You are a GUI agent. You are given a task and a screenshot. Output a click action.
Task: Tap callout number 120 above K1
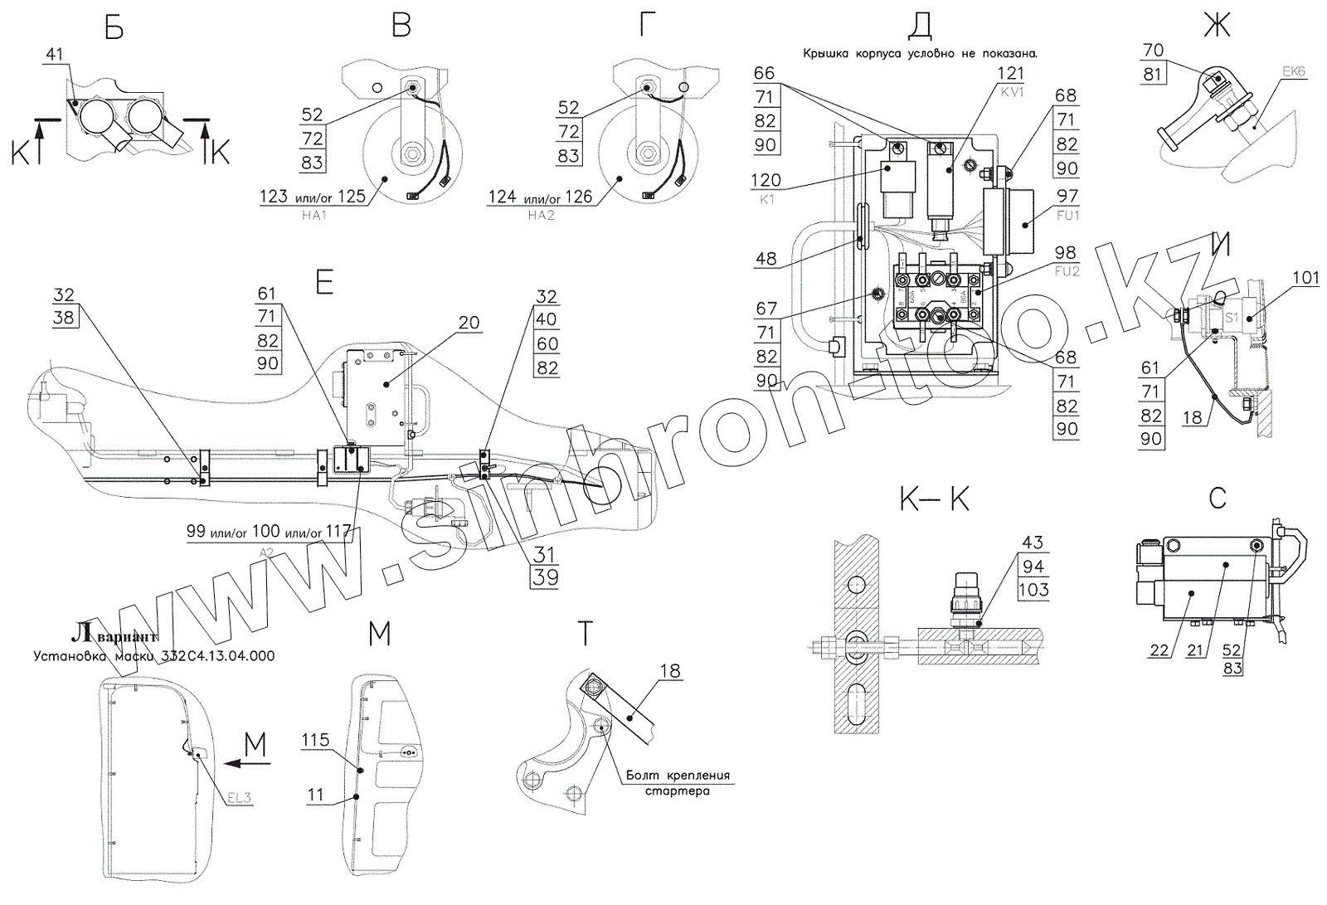pos(766,180)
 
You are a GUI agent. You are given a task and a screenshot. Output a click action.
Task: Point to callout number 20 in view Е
pos(469,322)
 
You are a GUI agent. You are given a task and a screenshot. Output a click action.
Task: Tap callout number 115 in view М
pos(315,740)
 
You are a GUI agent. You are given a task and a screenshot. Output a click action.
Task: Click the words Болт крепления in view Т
pos(678,776)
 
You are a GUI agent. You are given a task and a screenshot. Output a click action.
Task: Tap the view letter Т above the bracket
pos(586,635)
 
